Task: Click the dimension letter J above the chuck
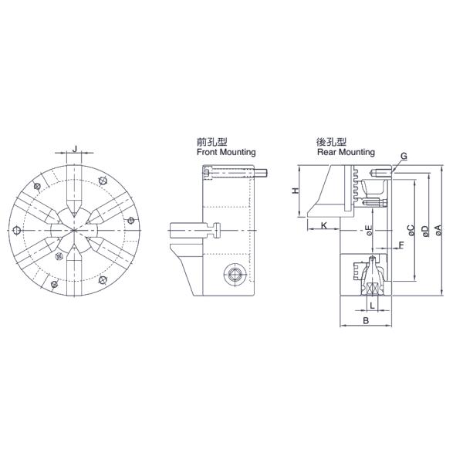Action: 75,148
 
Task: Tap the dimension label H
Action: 296,191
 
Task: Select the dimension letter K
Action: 324,225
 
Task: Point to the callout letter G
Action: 404,156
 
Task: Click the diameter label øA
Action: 438,230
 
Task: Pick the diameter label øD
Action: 425,231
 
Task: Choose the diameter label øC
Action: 411,230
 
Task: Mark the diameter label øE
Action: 369,230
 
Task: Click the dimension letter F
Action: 401,245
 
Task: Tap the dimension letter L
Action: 373,305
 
